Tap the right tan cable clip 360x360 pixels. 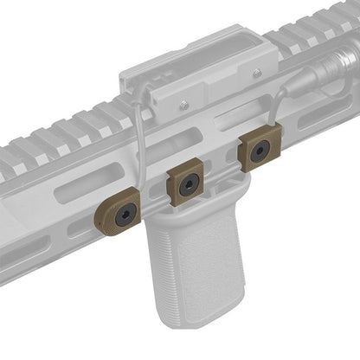pos(257,152)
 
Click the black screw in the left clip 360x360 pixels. pos(127,214)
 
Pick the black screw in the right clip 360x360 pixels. pos(259,151)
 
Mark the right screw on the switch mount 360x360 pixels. pos(256,74)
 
